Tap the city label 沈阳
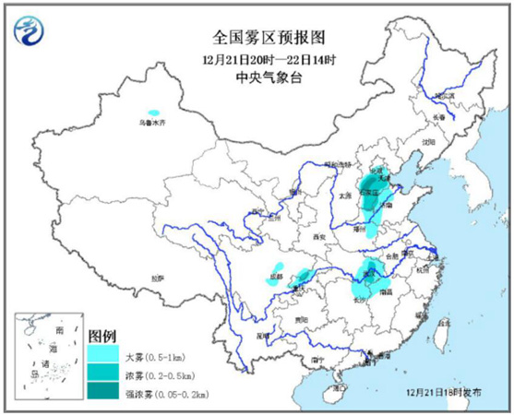[x=426, y=142]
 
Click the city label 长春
[x=440, y=117]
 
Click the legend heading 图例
[x=102, y=334]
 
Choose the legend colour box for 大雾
[x=103, y=353]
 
